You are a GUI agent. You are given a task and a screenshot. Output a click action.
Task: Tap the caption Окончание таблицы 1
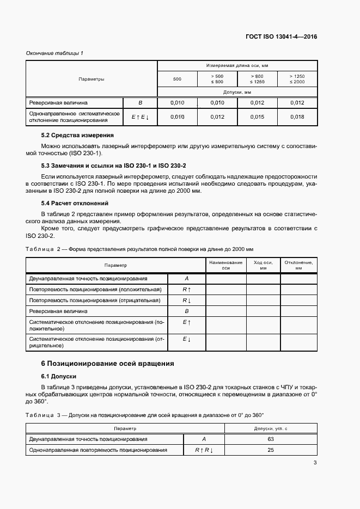click(x=54, y=53)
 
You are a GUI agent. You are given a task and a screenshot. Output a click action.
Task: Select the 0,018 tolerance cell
click(x=297, y=116)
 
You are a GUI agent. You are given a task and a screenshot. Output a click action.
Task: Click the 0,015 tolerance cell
click(x=257, y=116)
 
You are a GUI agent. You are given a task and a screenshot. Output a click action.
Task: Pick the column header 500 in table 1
click(x=177, y=79)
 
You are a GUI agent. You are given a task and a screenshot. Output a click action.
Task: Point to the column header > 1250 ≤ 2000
click(x=297, y=79)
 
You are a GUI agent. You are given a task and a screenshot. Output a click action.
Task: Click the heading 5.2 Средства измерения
click(x=77, y=135)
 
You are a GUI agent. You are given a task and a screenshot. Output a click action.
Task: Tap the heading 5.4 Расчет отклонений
click(x=76, y=203)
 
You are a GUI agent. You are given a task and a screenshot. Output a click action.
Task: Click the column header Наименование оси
click(x=226, y=265)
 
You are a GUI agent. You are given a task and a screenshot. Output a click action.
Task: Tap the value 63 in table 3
click(x=271, y=439)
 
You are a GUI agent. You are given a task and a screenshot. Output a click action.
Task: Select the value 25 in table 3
click(x=271, y=450)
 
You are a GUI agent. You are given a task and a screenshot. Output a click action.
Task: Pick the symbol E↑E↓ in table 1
click(x=140, y=116)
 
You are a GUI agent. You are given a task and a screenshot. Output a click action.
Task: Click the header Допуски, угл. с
click(x=271, y=428)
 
